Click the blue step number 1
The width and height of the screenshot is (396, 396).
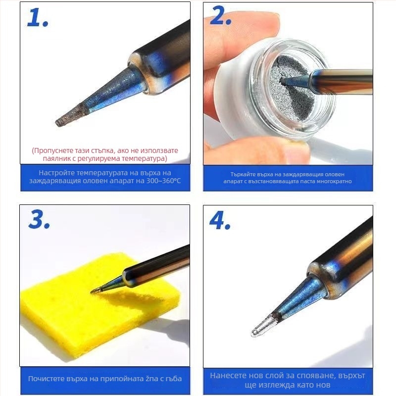click(x=38, y=17)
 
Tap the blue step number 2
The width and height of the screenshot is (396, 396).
click(x=220, y=16)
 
